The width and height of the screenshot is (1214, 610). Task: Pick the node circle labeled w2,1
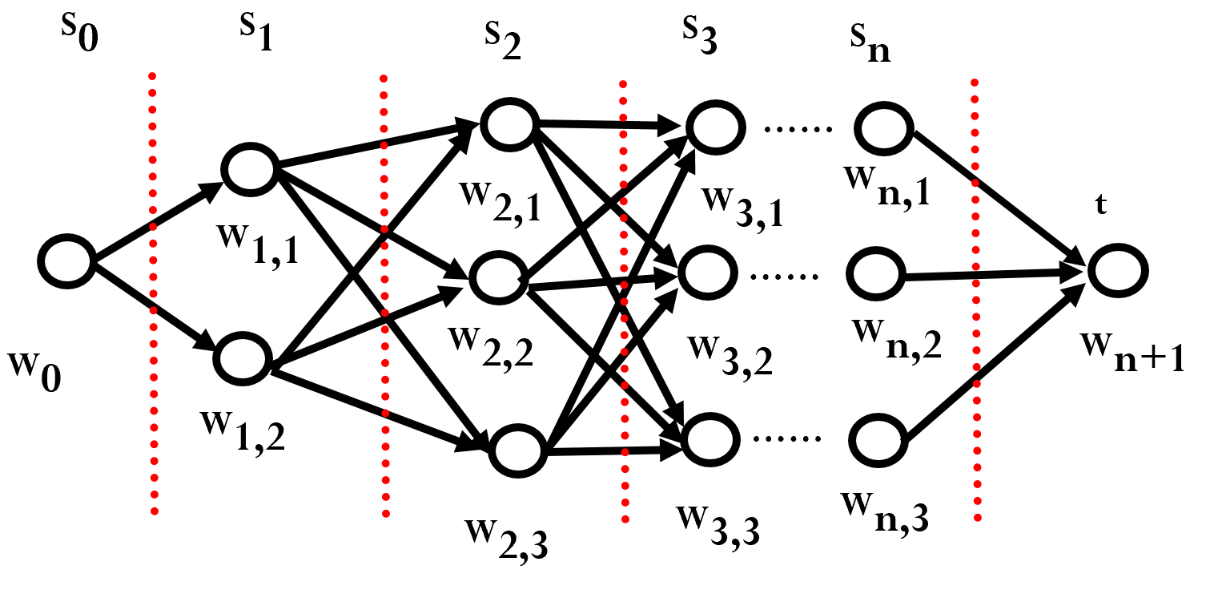click(x=509, y=125)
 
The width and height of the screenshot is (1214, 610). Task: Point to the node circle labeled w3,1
click(x=714, y=126)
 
